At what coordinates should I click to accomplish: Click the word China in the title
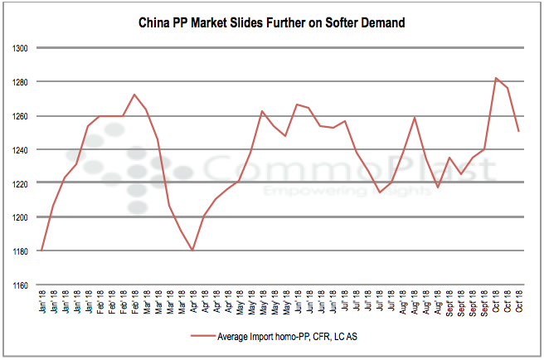[155, 23]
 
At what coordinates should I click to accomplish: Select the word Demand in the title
[381, 23]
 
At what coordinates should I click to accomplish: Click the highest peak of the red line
[496, 78]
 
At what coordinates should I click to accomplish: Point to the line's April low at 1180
[193, 250]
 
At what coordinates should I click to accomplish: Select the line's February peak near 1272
[134, 95]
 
